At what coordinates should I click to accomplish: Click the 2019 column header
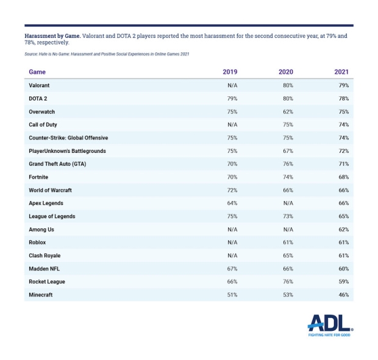(230, 72)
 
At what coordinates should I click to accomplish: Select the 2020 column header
(286, 72)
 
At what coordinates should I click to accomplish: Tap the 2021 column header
(341, 72)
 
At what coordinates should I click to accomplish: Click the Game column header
(37, 72)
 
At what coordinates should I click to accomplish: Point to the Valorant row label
(39, 85)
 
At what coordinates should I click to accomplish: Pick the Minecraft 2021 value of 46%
(344, 295)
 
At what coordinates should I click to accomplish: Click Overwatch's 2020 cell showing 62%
(288, 111)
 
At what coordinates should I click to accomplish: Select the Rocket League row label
(47, 281)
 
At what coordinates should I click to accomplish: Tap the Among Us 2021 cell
(344, 229)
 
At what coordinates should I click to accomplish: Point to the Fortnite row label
(39, 177)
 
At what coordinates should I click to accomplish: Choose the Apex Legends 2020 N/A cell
(288, 203)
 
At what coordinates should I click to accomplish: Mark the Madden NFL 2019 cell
(232, 269)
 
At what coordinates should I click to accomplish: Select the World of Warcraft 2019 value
(232, 190)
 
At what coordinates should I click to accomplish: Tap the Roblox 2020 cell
(288, 242)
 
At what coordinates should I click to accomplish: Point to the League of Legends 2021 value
(344, 216)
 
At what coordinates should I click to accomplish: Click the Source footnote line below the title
(107, 55)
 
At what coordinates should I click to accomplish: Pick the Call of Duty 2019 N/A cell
(232, 124)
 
